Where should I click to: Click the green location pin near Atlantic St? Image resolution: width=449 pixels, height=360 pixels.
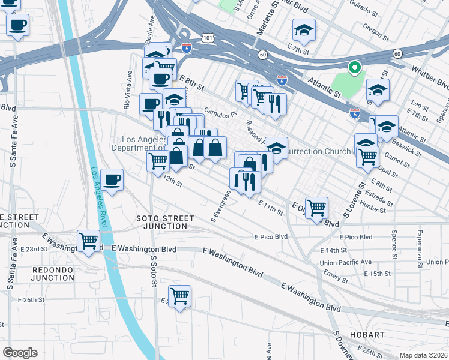pyautogui.click(x=354, y=68)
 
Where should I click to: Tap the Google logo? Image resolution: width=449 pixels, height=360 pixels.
pyautogui.click(x=20, y=353)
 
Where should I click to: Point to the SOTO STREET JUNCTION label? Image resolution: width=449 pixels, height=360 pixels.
pyautogui.click(x=165, y=222)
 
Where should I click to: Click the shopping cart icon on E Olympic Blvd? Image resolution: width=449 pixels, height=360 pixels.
pyautogui.click(x=316, y=208)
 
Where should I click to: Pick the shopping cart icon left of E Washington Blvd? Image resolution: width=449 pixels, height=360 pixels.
pyautogui.click(x=89, y=241)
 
